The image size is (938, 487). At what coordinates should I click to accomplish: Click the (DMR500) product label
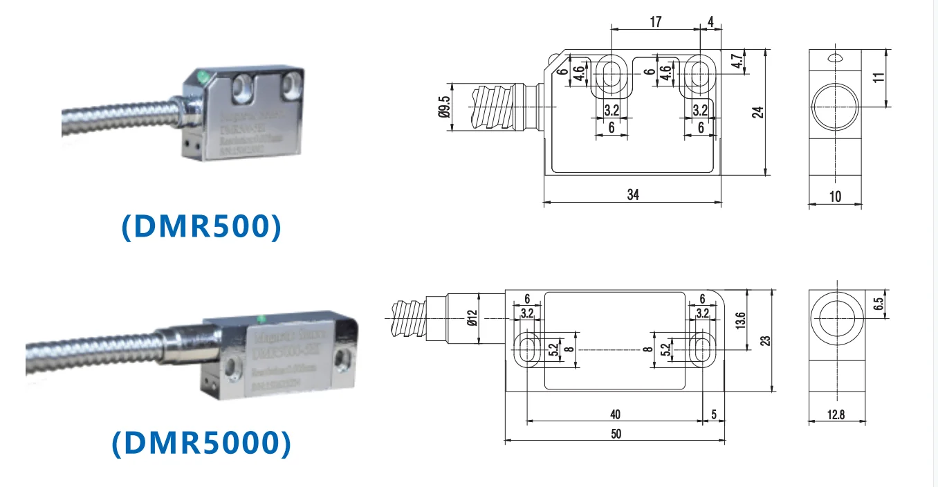pos(201,227)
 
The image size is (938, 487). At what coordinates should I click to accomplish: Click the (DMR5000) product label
pos(201,443)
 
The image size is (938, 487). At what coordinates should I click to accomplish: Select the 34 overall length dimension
pos(632,194)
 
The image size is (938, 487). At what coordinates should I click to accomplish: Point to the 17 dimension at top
pos(655,22)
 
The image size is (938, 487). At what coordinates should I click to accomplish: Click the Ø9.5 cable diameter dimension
pos(444,107)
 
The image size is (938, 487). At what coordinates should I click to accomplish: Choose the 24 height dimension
pos(757,111)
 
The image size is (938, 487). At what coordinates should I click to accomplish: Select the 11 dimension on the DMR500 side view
pos(879,77)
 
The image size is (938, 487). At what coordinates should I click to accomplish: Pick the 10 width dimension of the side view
pos(835,196)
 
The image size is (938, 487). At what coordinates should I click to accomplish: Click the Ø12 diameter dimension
pos(472,317)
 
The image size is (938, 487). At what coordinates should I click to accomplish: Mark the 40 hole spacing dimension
pos(615,414)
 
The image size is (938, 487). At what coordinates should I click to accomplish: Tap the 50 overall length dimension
pos(615,434)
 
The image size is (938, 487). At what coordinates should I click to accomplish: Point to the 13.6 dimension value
pos(741,320)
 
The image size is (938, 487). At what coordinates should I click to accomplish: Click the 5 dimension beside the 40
pos(713,414)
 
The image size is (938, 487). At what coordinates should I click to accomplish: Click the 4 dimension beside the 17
pos(710,22)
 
